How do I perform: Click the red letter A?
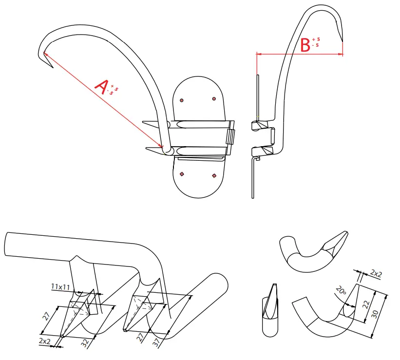click(x=101, y=87)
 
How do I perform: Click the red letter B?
click(x=305, y=45)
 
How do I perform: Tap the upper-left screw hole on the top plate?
click(x=181, y=100)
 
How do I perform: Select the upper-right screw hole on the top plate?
click(x=214, y=99)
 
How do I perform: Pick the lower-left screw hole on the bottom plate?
click(x=182, y=174)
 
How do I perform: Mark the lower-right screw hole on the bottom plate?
click(x=214, y=175)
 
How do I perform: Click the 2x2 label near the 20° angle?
click(x=376, y=273)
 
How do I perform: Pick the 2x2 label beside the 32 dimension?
click(x=45, y=341)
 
